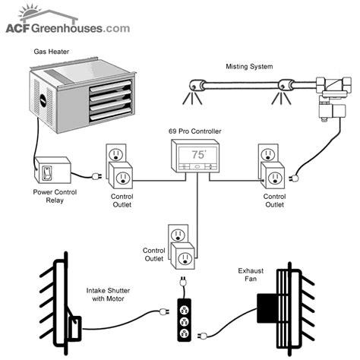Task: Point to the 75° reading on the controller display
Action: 197,153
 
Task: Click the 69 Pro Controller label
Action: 194,131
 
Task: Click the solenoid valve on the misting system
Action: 331,106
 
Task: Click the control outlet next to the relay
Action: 117,167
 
